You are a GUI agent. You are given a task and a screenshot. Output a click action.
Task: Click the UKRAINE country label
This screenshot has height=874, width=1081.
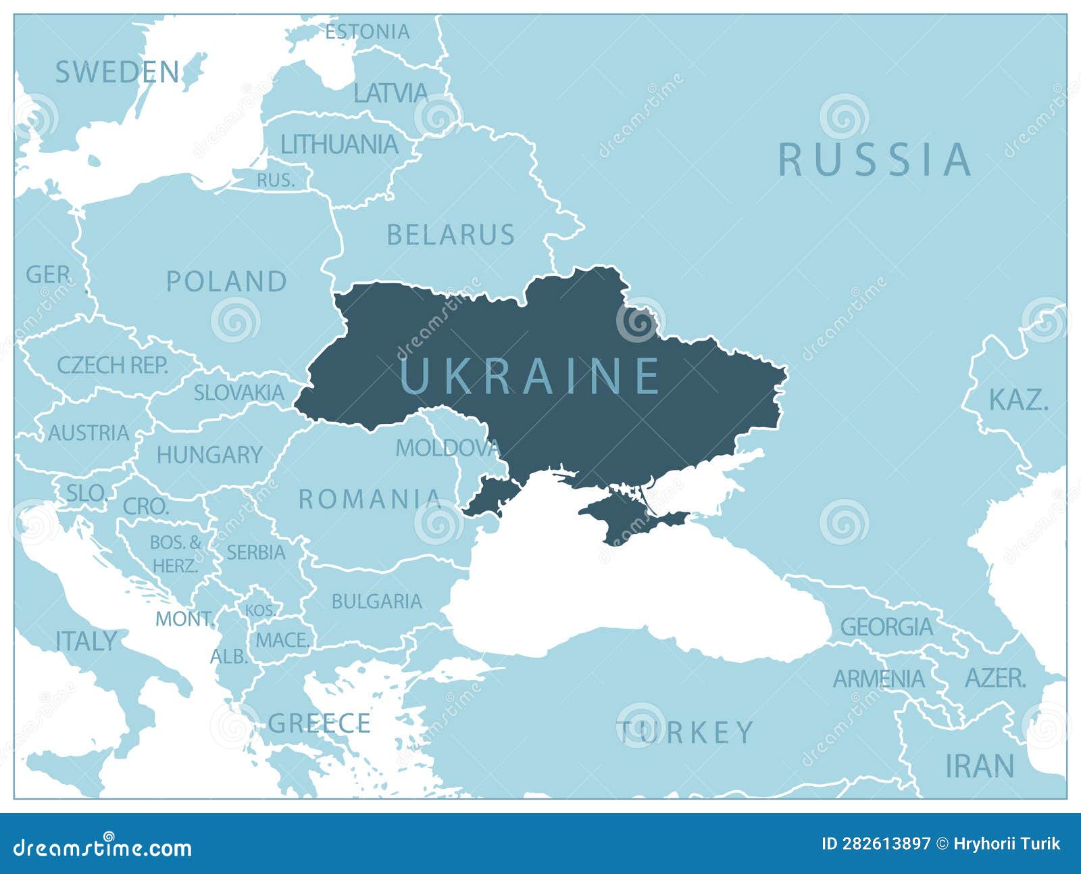530,376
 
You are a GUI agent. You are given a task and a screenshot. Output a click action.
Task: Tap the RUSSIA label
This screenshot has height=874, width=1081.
875,161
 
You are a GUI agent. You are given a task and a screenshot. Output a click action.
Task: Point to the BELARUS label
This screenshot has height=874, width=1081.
451,235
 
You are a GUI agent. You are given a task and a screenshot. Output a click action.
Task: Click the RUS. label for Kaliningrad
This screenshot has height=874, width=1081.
276,180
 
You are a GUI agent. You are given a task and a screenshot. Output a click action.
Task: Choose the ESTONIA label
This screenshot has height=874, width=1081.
368,32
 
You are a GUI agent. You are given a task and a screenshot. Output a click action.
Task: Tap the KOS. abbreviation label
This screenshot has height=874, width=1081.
260,610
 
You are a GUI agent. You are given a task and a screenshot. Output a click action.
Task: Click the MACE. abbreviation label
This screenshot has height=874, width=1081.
282,639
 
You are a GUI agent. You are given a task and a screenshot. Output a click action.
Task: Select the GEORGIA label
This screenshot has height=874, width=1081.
886,627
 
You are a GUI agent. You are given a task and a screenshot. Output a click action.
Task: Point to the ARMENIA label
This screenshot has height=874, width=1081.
878,679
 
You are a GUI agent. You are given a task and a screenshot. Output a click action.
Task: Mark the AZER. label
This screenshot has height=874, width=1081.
995,678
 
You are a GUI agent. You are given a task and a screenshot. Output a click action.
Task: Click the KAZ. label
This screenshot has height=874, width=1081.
1018,400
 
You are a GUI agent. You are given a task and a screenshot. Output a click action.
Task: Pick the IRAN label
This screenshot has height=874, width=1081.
980,766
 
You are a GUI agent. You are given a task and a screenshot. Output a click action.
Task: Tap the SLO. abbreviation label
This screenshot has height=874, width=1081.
86,493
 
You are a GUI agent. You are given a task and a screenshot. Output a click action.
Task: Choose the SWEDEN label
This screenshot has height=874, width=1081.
118,72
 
